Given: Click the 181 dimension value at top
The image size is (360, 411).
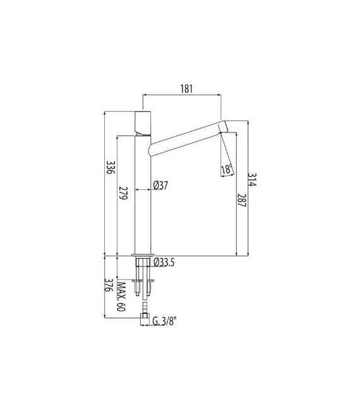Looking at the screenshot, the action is click(186, 88).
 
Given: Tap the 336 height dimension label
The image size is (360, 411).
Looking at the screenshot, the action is click(111, 168).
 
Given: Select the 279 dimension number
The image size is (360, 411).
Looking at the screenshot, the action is click(123, 193).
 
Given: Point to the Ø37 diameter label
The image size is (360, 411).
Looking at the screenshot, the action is click(160, 186).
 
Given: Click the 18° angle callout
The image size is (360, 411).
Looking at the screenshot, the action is click(227, 169).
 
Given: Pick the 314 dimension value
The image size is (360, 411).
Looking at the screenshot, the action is click(252, 179).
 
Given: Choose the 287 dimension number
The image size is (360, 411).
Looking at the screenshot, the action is click(241, 201).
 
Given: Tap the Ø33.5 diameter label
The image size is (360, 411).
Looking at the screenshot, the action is click(164, 262).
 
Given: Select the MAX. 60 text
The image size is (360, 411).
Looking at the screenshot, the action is click(121, 297).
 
